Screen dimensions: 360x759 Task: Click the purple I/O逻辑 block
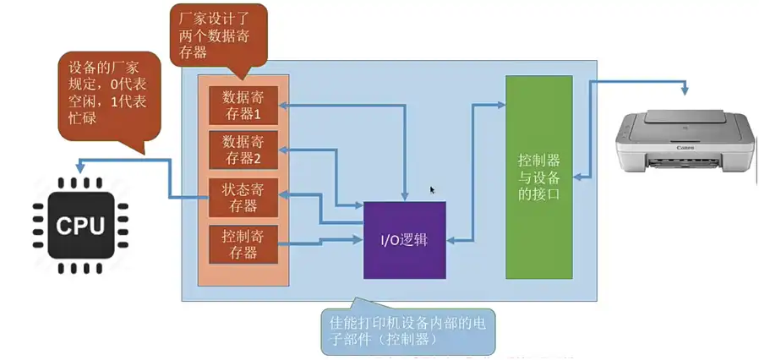coord(404,240)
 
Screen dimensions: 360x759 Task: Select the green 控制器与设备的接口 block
coord(538,177)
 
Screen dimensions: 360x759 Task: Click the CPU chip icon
coord(80,224)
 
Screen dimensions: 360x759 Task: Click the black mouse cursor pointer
coord(433,190)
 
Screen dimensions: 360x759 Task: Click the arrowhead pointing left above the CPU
coord(77,165)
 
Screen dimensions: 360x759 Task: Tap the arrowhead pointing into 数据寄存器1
coord(285,105)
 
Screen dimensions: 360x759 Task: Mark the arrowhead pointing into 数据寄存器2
coord(285,150)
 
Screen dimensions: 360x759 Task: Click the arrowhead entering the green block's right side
coord(577,177)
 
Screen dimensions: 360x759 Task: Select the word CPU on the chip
coord(80,226)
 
